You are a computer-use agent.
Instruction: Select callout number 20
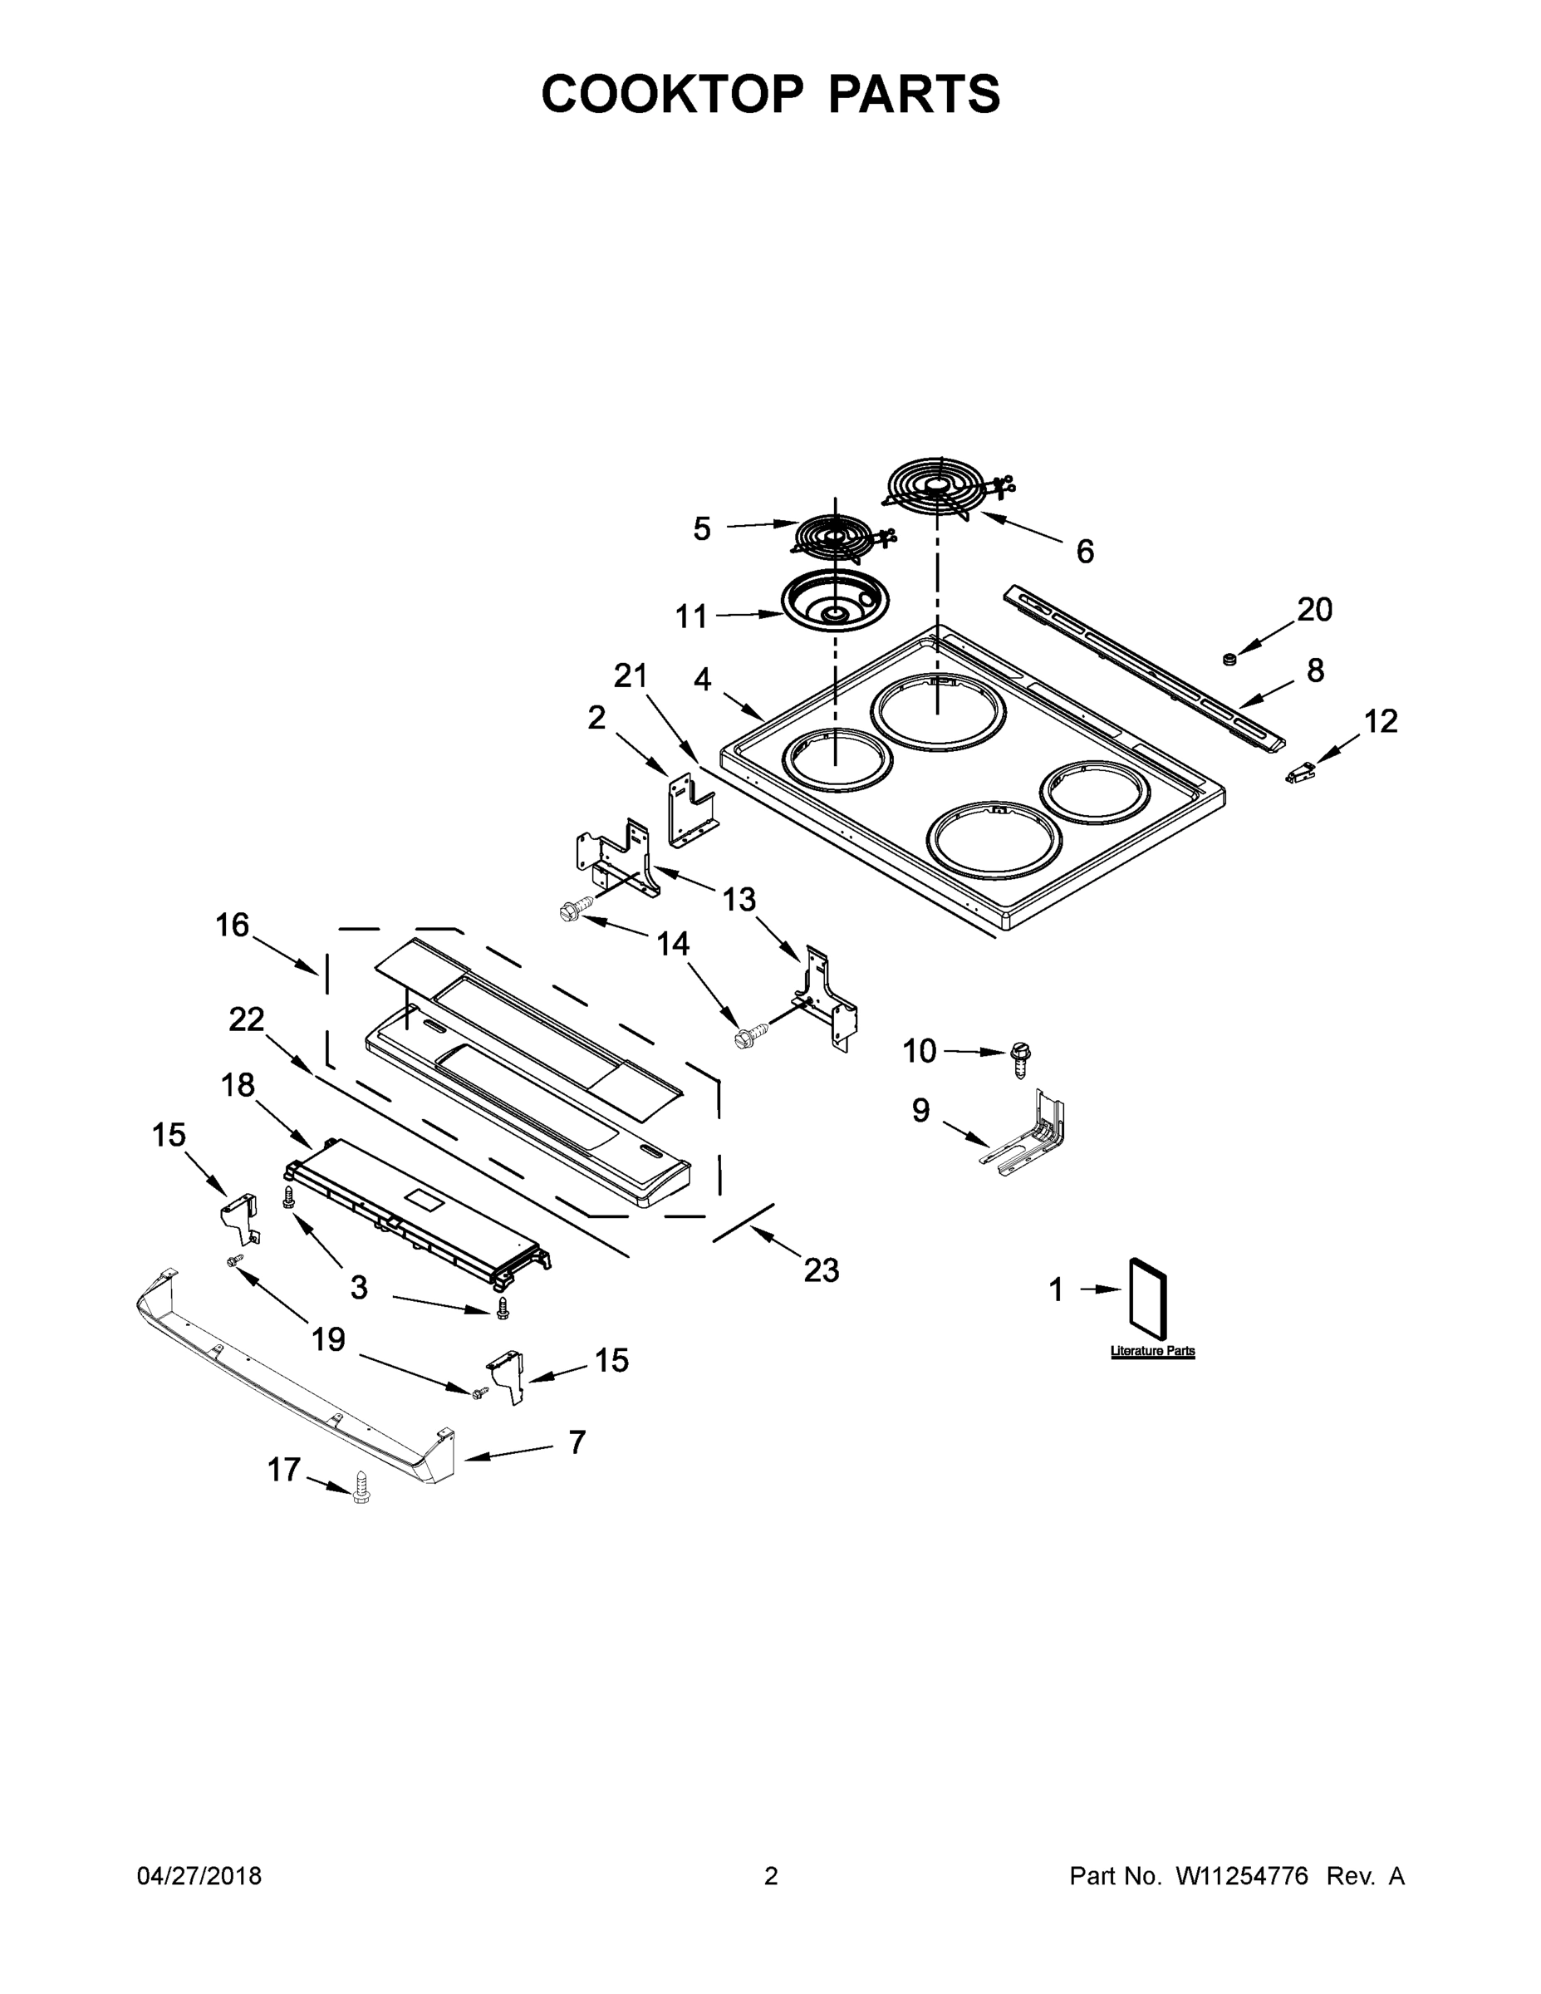pos(1314,609)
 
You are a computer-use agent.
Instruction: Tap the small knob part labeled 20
pos(1229,658)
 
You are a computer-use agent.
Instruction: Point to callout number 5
pos(701,528)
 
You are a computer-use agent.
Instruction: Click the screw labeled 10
pos(1021,1059)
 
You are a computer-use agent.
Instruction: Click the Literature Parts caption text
pos(1152,1351)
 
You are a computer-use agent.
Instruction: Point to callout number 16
pos(232,925)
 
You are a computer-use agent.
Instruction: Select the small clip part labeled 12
pos(1299,774)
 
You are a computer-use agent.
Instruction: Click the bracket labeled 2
pos(690,808)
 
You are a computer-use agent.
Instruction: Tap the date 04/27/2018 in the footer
pos(199,1875)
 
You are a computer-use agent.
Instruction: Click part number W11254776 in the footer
pos(1242,1875)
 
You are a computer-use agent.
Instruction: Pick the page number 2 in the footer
pos(771,1875)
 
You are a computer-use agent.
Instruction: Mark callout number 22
pos(247,1019)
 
